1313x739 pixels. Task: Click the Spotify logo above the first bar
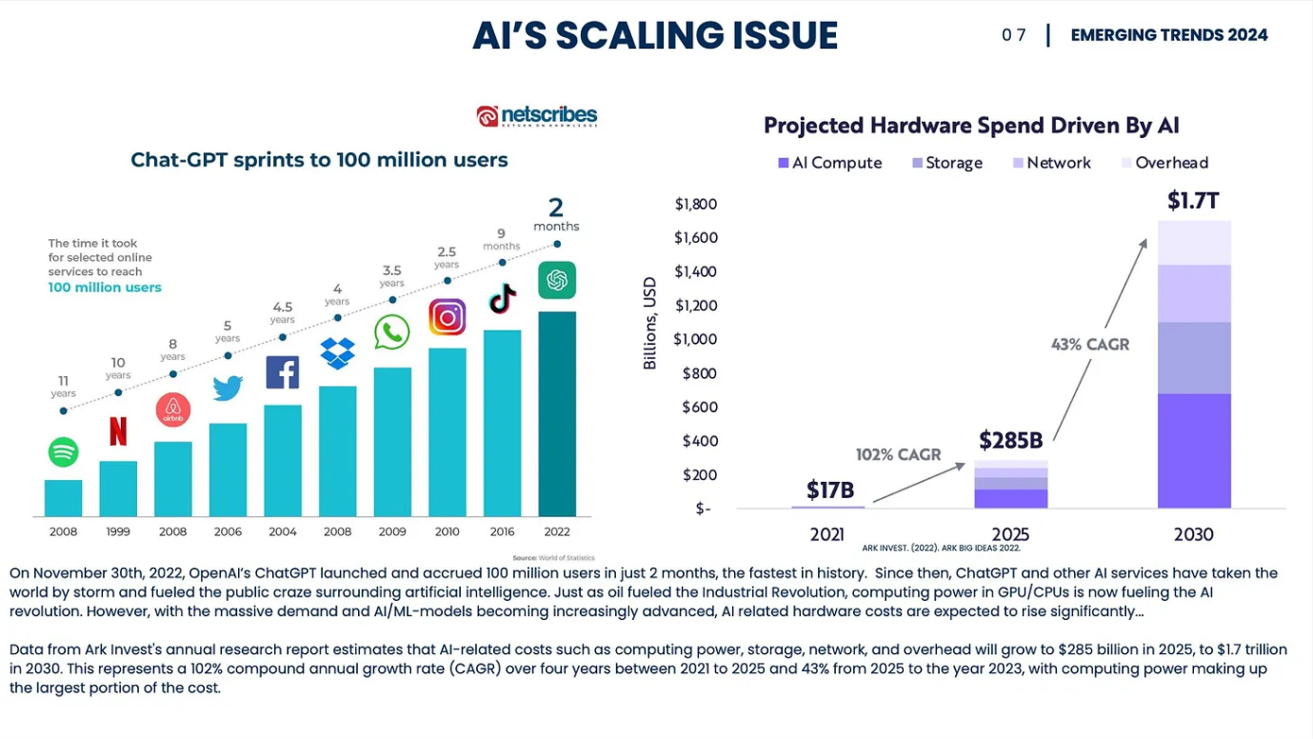(63, 451)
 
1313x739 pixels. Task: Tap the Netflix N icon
(118, 431)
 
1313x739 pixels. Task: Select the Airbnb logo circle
(173, 409)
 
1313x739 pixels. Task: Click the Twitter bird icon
(228, 388)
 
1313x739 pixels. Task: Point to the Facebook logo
(282, 372)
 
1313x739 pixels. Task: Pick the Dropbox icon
(337, 352)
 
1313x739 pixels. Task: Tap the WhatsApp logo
(391, 332)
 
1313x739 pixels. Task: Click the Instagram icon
(447, 317)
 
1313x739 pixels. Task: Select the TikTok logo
(502, 299)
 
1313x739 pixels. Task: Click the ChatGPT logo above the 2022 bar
(557, 280)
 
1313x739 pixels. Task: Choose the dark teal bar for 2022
(557, 413)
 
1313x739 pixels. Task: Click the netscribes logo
(537, 116)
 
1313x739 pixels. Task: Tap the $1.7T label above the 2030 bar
(1193, 201)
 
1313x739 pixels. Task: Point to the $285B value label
(1011, 440)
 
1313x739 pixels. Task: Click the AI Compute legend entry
(830, 163)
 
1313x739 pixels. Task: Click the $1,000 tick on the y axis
(694, 339)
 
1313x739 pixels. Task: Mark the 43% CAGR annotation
(1090, 345)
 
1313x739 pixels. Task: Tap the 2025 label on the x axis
(1010, 534)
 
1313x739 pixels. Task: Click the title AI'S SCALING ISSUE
(655, 36)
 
